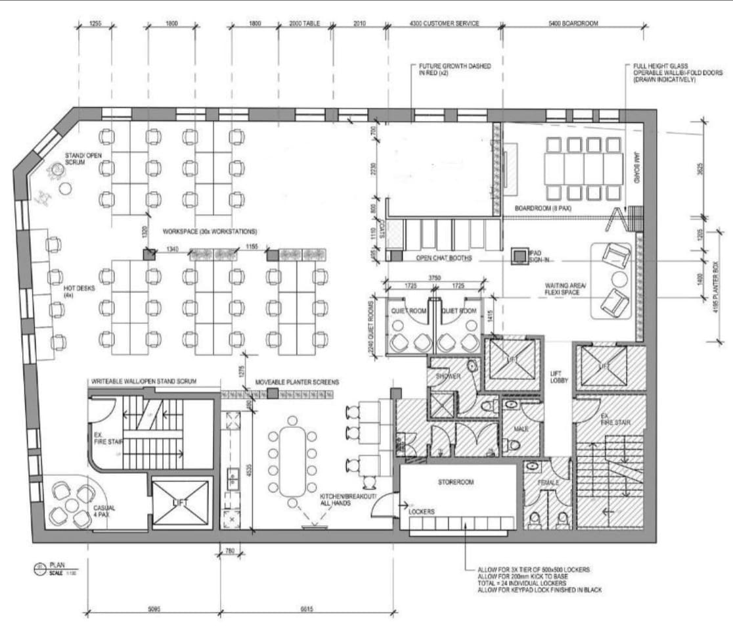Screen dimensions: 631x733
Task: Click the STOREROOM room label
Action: (x=456, y=482)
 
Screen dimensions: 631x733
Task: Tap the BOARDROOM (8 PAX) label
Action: (x=543, y=208)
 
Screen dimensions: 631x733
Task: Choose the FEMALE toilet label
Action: (x=548, y=482)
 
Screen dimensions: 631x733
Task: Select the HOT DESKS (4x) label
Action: (x=70, y=292)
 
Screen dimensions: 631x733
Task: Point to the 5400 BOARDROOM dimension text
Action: (x=574, y=24)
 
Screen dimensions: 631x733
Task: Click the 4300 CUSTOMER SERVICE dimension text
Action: (x=445, y=24)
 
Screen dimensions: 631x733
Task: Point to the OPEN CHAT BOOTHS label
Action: (x=444, y=258)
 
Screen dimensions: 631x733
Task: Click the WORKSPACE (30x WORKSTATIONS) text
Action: (x=200, y=232)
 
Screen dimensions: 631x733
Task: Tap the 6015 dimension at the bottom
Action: (x=306, y=609)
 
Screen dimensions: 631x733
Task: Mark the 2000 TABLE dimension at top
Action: (x=305, y=24)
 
